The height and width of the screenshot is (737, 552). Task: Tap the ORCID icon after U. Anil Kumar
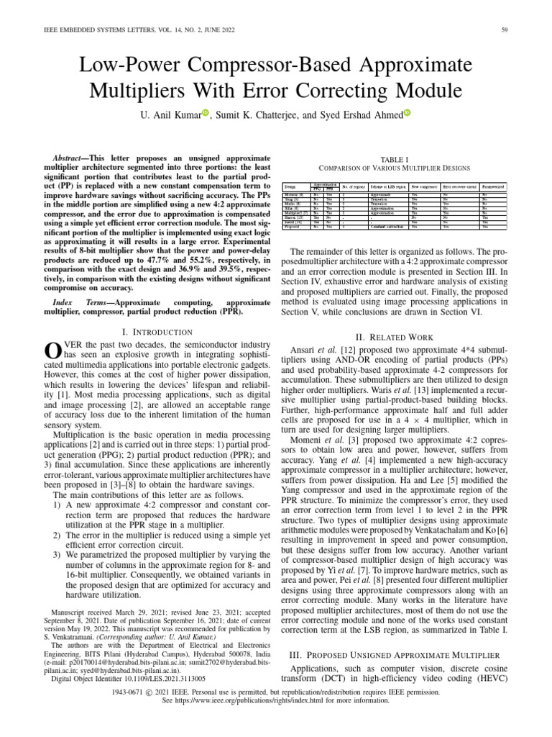[x=204, y=113]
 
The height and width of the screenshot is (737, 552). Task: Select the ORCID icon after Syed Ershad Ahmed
[x=407, y=113]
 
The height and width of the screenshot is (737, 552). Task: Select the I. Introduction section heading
[x=156, y=332]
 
